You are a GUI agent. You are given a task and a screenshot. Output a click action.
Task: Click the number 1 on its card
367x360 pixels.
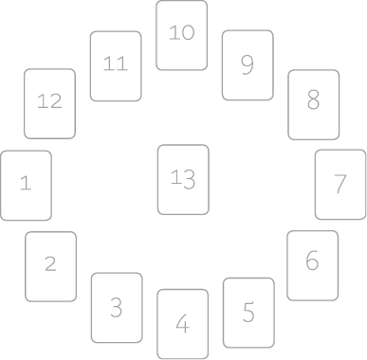(x=26, y=183)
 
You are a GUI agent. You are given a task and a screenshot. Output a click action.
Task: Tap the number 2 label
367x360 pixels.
(x=50, y=263)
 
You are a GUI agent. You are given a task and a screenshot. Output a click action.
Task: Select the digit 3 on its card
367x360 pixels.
(x=117, y=307)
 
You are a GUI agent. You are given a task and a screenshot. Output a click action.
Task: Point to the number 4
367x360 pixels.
(x=183, y=324)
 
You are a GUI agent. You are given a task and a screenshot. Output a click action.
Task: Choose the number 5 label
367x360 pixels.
(x=248, y=312)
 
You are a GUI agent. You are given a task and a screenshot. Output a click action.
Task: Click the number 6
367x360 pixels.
(x=312, y=261)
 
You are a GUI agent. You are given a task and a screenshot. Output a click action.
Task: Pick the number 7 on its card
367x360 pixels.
(x=340, y=184)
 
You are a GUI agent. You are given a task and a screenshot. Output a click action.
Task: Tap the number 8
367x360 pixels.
(x=313, y=99)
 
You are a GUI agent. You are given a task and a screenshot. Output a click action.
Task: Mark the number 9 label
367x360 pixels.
(x=248, y=65)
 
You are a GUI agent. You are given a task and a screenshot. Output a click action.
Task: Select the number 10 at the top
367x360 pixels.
(x=182, y=32)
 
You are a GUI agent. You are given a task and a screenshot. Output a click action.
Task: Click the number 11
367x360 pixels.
(x=116, y=63)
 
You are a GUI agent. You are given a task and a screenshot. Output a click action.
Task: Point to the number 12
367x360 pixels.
(x=49, y=101)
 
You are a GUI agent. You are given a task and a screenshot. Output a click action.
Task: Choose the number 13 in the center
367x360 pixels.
(x=183, y=179)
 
